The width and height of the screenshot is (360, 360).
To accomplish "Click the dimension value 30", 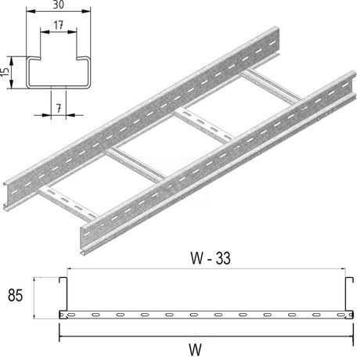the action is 59,5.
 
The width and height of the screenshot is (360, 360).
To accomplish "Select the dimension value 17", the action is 59,25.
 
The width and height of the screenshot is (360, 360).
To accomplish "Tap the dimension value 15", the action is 5,72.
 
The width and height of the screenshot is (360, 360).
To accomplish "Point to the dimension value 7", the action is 59,108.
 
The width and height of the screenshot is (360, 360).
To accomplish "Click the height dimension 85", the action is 16,296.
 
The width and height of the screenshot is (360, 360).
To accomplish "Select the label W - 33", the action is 211,258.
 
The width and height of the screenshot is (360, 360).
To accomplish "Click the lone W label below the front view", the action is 195,350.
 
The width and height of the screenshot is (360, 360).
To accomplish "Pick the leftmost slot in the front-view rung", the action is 71,315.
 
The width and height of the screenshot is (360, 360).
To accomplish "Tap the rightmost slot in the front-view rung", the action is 341,315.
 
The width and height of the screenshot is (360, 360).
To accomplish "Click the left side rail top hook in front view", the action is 63,279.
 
